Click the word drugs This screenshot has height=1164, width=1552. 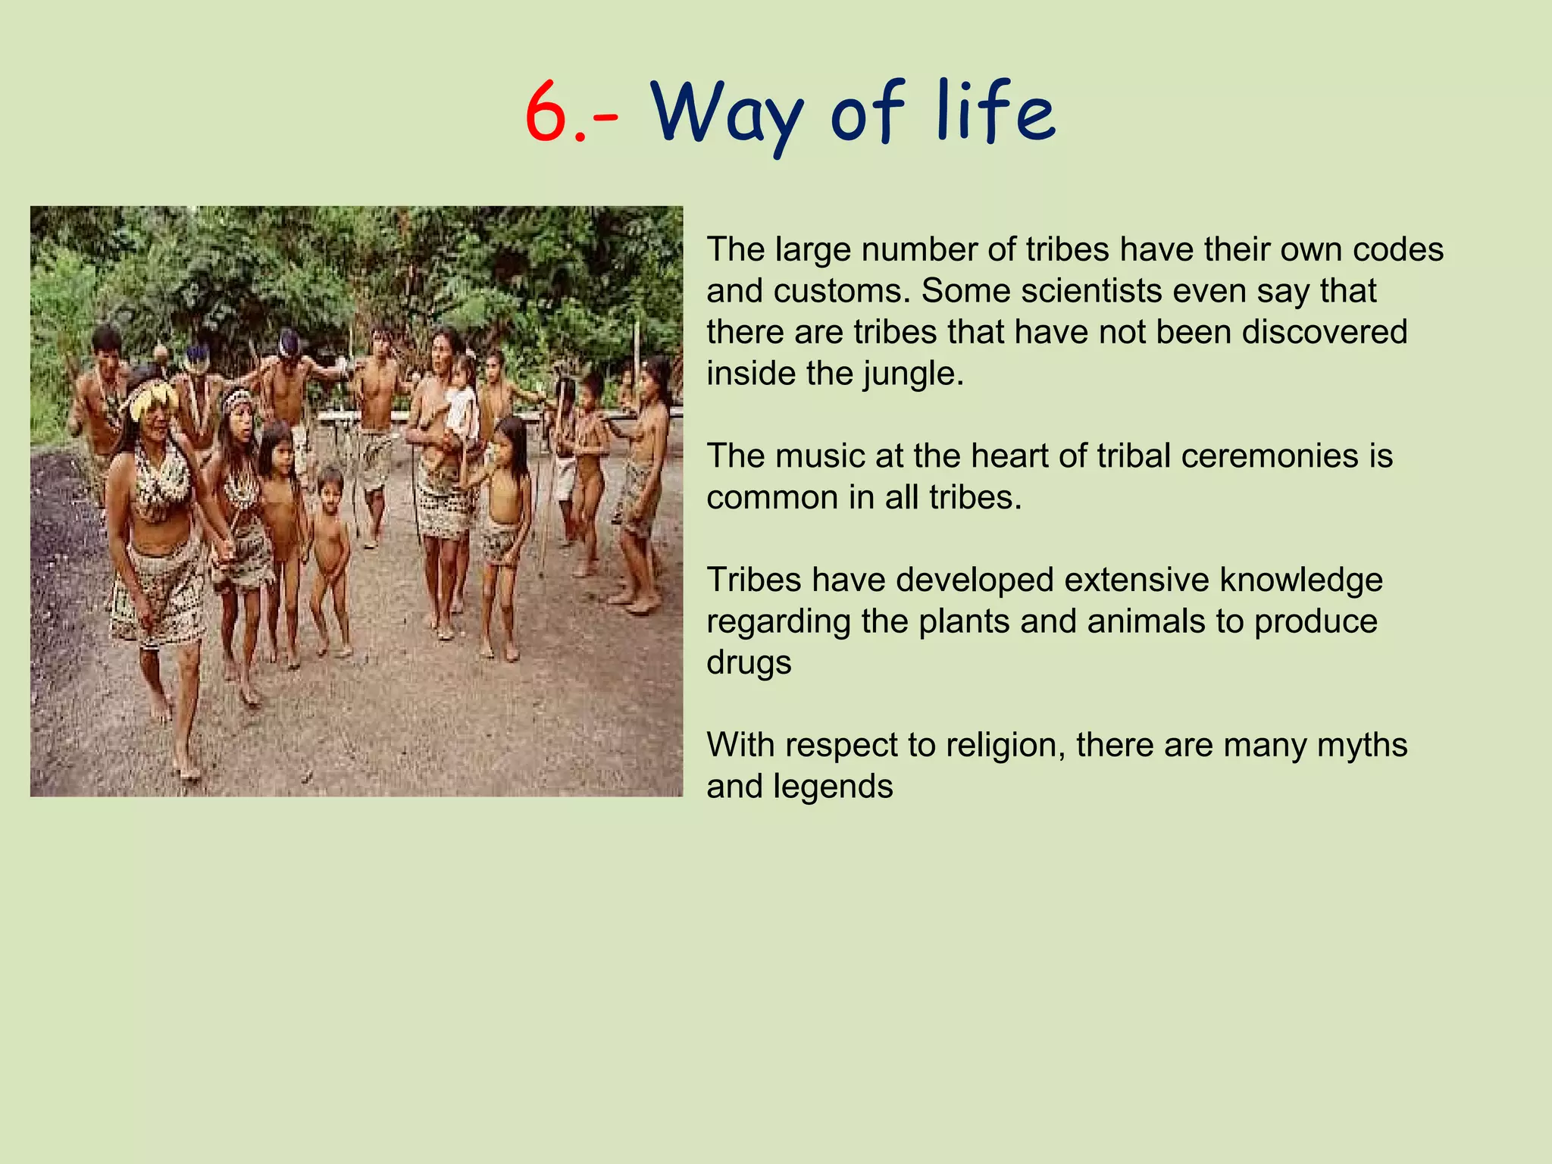(x=749, y=663)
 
